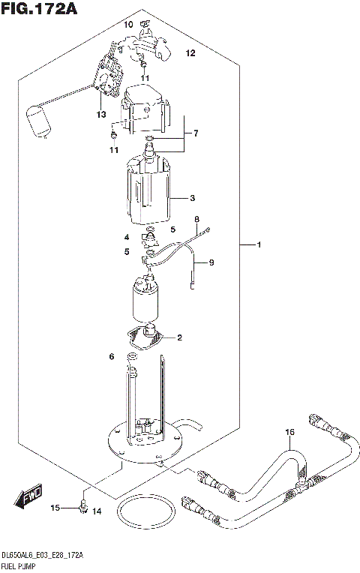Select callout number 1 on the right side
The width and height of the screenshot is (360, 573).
pyautogui.click(x=259, y=245)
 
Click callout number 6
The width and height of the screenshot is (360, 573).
pyautogui.click(x=111, y=356)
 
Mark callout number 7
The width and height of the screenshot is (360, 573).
pyautogui.click(x=195, y=133)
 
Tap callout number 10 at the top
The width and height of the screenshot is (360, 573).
pyautogui.click(x=128, y=25)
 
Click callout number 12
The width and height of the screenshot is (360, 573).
pyautogui.click(x=190, y=53)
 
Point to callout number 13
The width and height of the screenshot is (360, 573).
pyautogui.click(x=100, y=114)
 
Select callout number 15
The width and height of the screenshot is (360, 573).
pyautogui.click(x=55, y=508)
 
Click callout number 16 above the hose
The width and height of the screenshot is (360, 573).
pyautogui.click(x=290, y=433)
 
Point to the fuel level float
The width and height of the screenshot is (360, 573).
pyautogui.click(x=36, y=121)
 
